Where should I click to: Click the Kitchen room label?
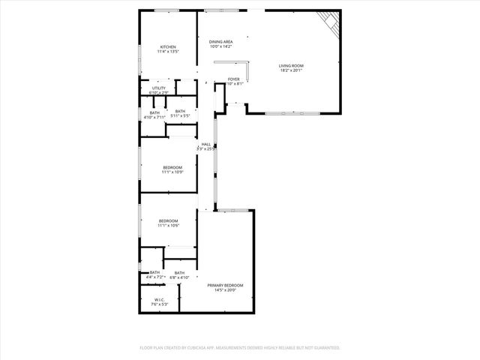pos(168,46)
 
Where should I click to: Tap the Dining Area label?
pos(220,41)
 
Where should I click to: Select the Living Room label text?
pos(292,66)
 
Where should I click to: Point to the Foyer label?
pos(234,79)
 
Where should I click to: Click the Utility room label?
pos(159,88)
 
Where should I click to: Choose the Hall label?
pos(205,144)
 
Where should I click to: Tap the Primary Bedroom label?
pos(225,285)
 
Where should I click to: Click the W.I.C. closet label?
pos(160,300)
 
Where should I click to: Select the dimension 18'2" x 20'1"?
pos(292,71)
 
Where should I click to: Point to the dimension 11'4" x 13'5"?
pos(168,52)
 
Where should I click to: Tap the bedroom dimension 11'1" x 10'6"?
pos(168,225)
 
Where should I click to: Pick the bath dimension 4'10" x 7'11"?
pos(155,117)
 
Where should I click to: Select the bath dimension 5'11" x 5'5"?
pos(180,116)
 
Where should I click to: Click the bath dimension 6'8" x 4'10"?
pos(179,277)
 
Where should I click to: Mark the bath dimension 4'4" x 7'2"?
pos(155,277)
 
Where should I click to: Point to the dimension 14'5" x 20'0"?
pos(225,290)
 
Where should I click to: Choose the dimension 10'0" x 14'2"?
pos(220,46)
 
